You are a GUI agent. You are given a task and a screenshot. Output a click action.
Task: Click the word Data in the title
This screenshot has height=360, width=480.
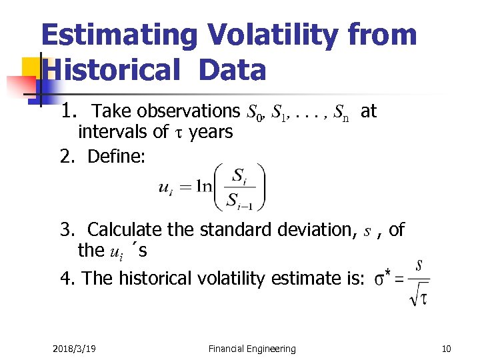[231, 70]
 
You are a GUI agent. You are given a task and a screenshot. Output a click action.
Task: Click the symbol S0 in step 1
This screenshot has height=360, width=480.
[254, 113]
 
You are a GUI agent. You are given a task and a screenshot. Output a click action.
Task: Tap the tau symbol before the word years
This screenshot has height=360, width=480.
[178, 133]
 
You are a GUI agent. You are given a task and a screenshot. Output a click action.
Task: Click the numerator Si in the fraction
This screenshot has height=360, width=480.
[241, 175]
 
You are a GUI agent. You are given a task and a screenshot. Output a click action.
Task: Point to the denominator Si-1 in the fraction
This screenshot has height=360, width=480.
[241, 200]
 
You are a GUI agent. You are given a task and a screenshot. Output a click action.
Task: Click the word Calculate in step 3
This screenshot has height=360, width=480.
[125, 230]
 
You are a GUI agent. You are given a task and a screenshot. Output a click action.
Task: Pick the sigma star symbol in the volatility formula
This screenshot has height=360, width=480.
[383, 279]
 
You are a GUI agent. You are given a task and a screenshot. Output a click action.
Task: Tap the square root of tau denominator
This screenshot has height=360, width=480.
[418, 294]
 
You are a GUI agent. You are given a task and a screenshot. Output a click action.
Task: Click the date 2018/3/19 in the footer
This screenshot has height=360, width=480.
[74, 349]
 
